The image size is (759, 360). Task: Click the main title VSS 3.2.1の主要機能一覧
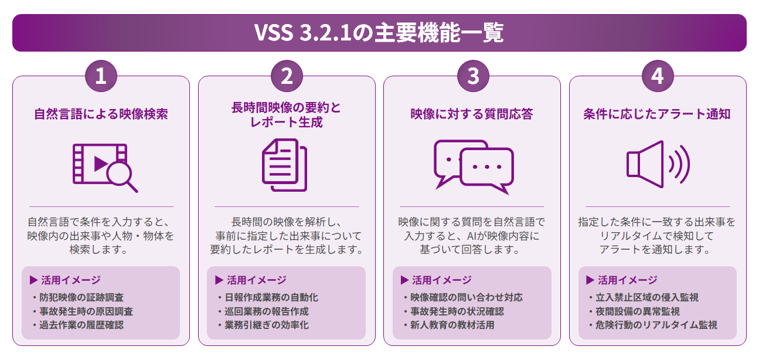pos(379,33)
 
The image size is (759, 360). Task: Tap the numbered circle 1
pos(101,76)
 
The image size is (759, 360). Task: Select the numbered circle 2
pos(287,76)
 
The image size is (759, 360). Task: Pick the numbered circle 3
pos(473,76)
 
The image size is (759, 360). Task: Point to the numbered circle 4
pos(658,76)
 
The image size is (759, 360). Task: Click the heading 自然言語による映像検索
pos(101,114)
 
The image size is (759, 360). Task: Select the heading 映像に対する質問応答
pos(472,114)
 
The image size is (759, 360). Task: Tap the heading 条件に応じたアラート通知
pos(656,114)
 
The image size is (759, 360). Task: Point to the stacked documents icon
pos(285,165)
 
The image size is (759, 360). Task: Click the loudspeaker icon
pos(658,164)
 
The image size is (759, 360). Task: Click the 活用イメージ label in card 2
pos(257,280)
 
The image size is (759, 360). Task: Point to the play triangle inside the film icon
pos(100,164)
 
